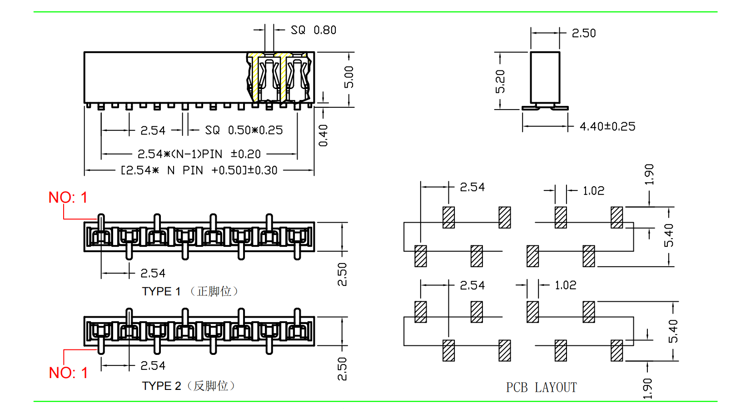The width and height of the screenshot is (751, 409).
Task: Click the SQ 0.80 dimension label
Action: [313, 30]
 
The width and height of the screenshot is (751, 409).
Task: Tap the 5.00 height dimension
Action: [349, 77]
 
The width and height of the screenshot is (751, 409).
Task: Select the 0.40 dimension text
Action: [323, 135]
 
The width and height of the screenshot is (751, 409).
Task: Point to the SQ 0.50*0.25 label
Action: [244, 130]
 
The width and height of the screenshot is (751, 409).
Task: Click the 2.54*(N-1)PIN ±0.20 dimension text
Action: [199, 154]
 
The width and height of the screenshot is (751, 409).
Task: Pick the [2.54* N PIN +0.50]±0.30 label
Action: [199, 170]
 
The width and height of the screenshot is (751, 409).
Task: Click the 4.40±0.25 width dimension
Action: [607, 126]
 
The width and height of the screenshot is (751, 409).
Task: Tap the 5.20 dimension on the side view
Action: [500, 81]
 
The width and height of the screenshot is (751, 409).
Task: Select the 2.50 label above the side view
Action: [584, 33]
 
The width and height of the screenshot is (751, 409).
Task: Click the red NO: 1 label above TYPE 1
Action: [68, 198]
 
